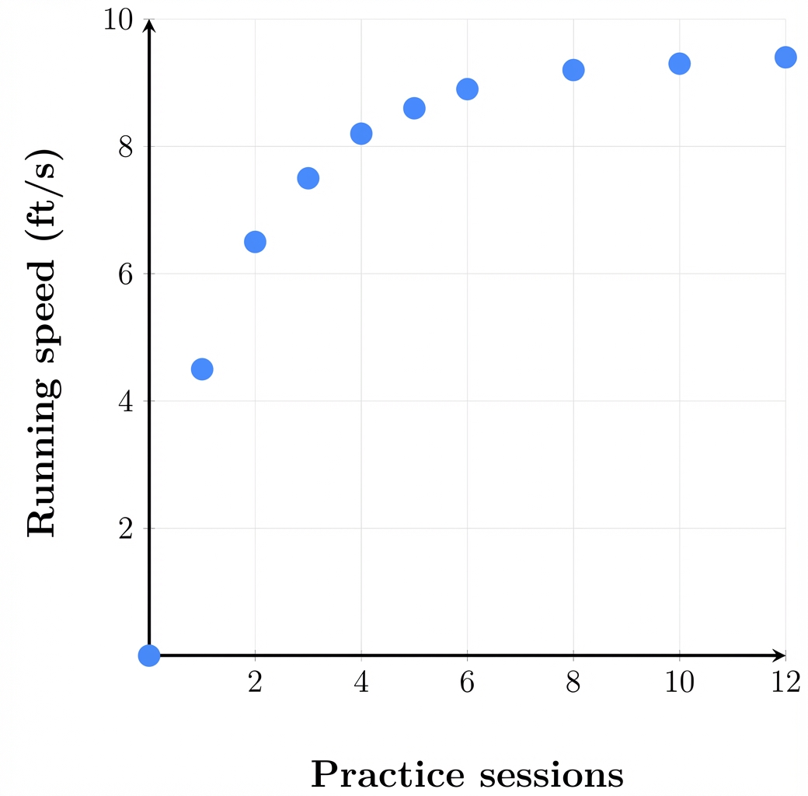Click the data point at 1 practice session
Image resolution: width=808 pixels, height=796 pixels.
click(x=202, y=368)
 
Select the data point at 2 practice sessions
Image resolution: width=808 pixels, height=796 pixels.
click(x=255, y=242)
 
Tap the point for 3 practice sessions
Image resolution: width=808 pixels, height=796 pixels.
click(x=308, y=178)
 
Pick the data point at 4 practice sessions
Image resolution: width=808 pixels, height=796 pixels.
click(x=361, y=134)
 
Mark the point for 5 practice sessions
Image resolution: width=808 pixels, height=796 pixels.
click(x=414, y=108)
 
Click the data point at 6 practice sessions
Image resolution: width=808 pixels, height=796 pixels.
click(x=467, y=89)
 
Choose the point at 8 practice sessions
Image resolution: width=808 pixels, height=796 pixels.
click(x=573, y=70)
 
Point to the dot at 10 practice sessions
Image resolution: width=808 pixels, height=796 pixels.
click(x=680, y=64)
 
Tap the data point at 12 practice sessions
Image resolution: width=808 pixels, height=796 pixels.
click(x=785, y=57)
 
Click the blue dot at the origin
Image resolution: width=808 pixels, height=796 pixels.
click(x=149, y=655)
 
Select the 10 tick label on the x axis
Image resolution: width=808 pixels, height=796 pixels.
click(x=680, y=683)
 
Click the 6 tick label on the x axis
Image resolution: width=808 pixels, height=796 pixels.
click(x=467, y=683)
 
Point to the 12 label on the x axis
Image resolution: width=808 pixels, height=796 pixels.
click(x=785, y=683)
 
